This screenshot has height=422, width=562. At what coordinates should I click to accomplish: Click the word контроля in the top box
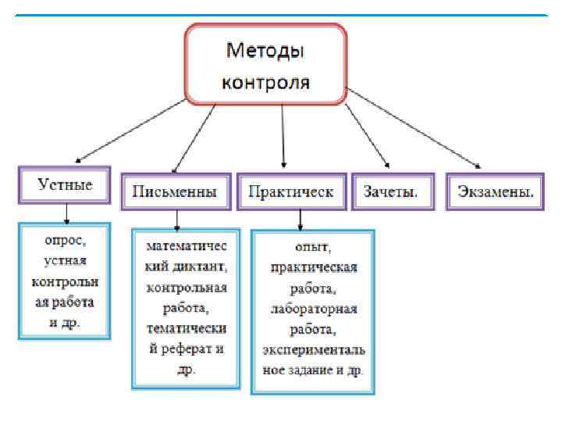265,81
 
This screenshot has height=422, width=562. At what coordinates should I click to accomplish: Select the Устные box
66,185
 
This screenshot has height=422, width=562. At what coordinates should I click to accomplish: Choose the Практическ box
290,191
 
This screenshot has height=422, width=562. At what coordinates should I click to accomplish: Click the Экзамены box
495,191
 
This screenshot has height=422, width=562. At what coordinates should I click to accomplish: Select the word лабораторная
313,309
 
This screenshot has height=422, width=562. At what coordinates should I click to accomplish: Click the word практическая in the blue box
313,268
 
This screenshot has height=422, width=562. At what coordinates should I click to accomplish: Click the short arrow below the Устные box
67,213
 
